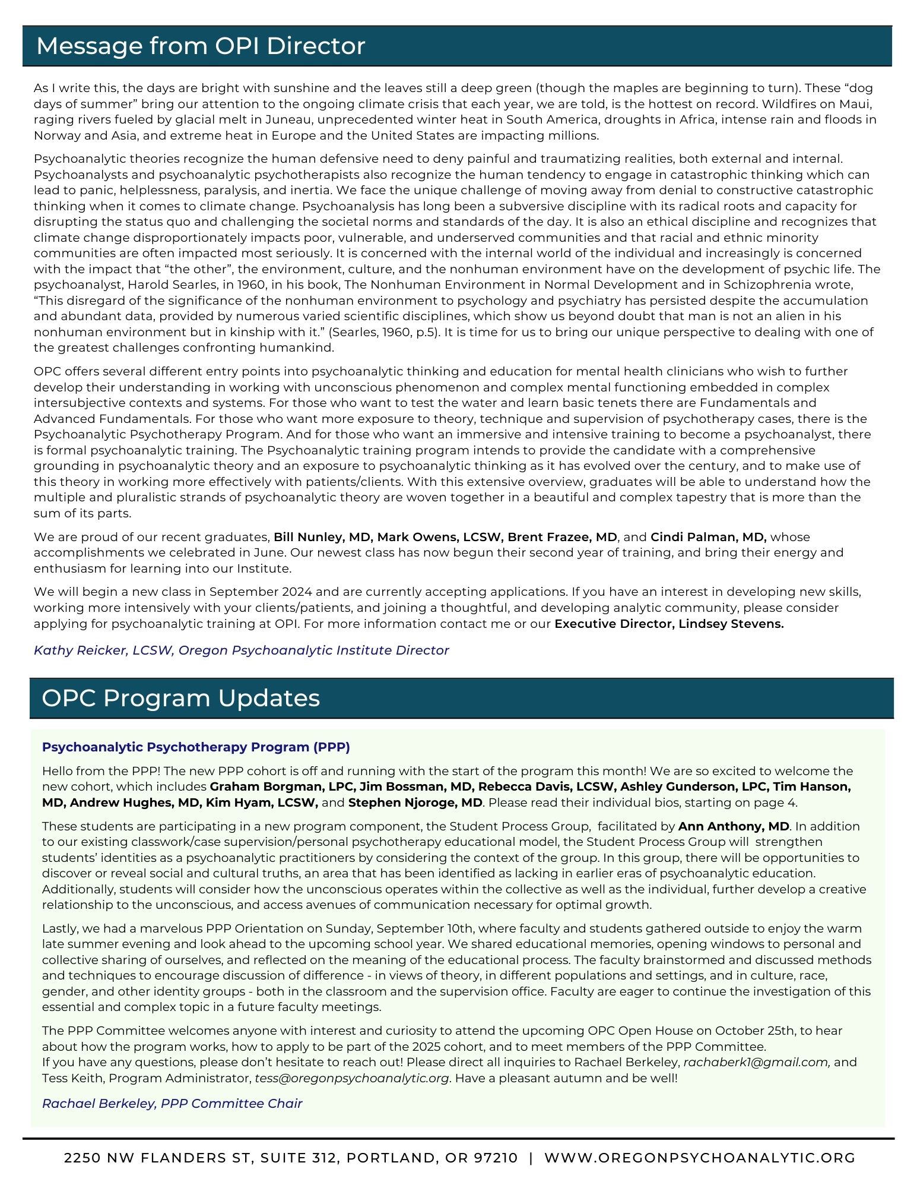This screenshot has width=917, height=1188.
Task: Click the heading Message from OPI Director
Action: tap(201, 46)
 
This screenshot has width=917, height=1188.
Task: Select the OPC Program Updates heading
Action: tap(180, 698)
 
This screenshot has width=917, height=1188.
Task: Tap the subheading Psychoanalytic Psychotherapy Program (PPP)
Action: tap(196, 747)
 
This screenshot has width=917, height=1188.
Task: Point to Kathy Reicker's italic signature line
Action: tap(241, 650)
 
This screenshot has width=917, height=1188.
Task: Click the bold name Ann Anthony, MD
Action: tap(734, 826)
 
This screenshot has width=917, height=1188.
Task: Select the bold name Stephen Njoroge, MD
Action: tap(415, 802)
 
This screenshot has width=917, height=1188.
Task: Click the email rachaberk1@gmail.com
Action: tap(757, 1062)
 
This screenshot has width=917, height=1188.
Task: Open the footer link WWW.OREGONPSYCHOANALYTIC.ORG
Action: tap(700, 1158)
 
